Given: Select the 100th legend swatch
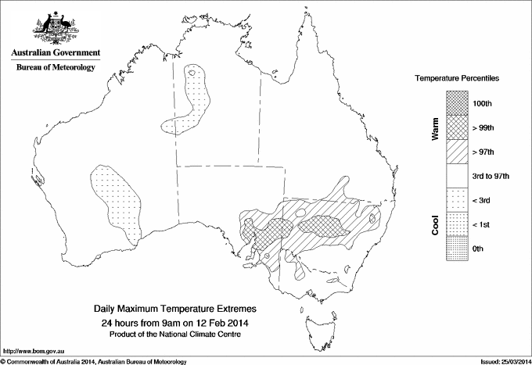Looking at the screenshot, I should (458, 103).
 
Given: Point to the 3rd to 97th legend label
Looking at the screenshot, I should (491, 176).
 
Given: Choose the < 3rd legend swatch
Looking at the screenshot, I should (458, 200).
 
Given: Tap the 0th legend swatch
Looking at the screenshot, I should (458, 249).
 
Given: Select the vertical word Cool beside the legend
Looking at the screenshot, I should (436, 224).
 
